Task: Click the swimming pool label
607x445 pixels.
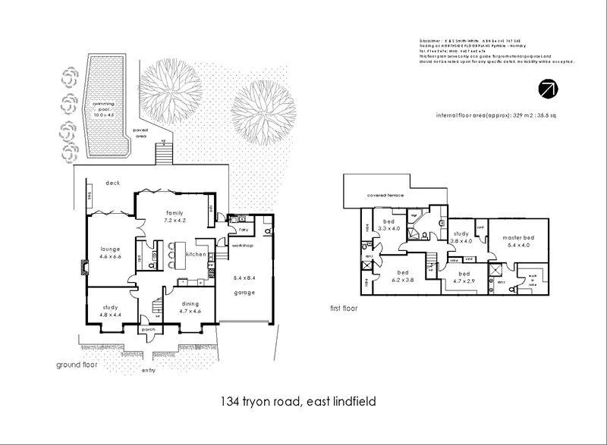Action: click(x=100, y=109)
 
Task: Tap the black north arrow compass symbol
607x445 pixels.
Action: click(x=546, y=88)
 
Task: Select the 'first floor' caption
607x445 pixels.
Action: click(x=344, y=309)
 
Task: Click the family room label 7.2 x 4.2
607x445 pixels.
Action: click(x=175, y=216)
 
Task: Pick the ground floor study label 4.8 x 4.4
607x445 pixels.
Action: click(x=111, y=310)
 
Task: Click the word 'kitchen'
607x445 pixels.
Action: click(x=196, y=255)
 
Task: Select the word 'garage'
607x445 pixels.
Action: click(x=244, y=293)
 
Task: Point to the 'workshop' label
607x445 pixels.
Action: click(x=241, y=246)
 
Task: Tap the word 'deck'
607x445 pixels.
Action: click(x=112, y=183)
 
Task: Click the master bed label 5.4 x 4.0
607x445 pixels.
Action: click(x=519, y=242)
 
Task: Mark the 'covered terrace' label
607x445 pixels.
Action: click(x=385, y=196)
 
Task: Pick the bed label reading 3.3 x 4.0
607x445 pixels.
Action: click(x=388, y=224)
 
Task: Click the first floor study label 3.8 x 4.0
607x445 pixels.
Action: click(x=461, y=237)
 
